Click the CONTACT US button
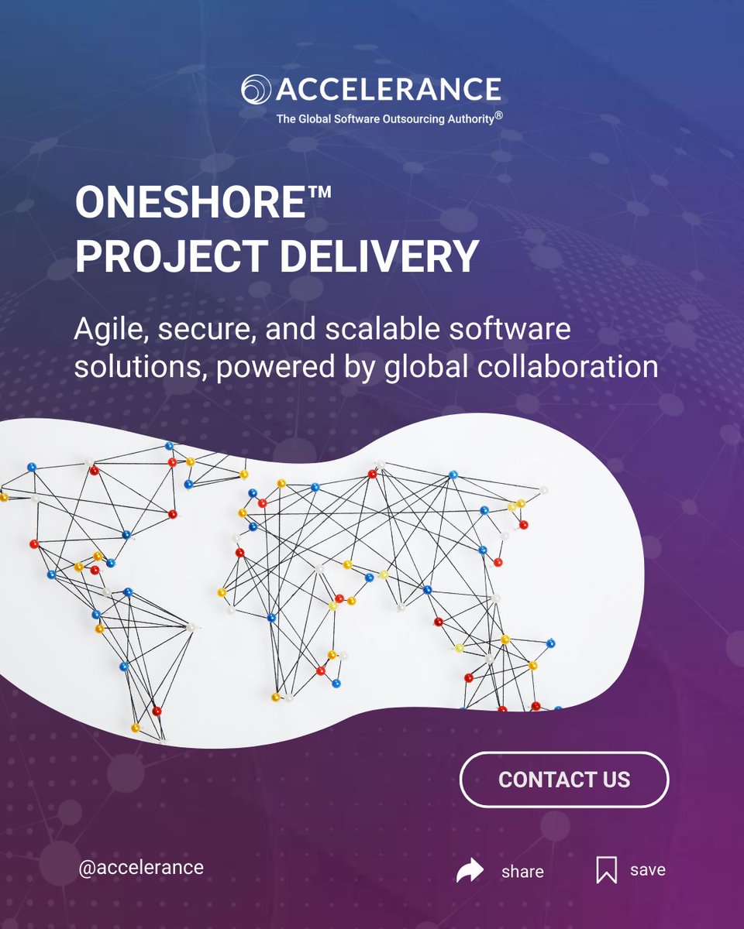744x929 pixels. point(564,780)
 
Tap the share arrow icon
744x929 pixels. point(470,871)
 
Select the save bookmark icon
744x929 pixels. point(606,870)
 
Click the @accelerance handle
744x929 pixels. point(141,867)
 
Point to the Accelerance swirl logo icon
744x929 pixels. point(256,90)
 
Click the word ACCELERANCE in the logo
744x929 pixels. point(388,90)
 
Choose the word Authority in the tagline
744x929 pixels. point(463,120)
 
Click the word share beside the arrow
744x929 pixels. point(522,872)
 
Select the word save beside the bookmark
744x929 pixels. point(648,870)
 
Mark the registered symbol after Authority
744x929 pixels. point(500,115)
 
